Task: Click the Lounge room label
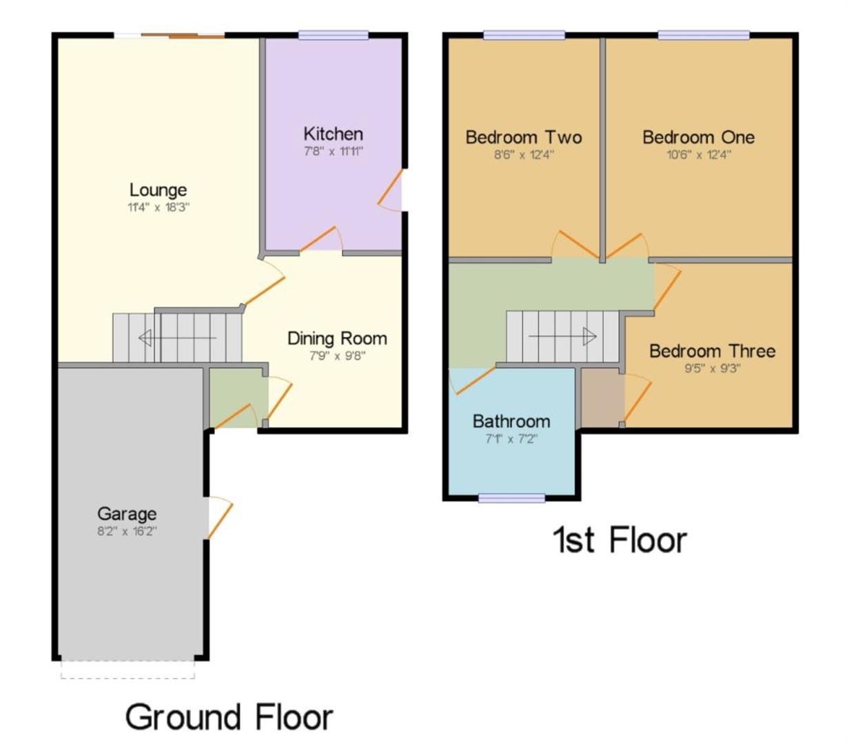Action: click(x=158, y=190)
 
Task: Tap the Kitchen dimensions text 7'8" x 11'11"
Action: click(x=333, y=152)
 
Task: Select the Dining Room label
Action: click(x=337, y=338)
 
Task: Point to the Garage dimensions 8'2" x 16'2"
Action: click(x=127, y=531)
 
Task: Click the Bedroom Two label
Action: click(x=524, y=137)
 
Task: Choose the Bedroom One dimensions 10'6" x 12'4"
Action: click(x=698, y=154)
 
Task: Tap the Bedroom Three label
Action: click(x=712, y=351)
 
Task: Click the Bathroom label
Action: click(x=511, y=421)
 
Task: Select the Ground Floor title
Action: click(x=229, y=717)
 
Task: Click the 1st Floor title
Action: click(x=620, y=540)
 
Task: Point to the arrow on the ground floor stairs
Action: click(x=177, y=338)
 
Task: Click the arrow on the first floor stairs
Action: click(x=562, y=336)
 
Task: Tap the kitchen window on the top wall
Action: click(x=333, y=35)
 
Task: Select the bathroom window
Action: click(x=511, y=498)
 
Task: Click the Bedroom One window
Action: click(x=703, y=35)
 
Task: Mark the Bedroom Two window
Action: click(x=524, y=35)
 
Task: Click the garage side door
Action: click(x=218, y=517)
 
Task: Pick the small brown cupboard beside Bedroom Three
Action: click(x=602, y=397)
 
